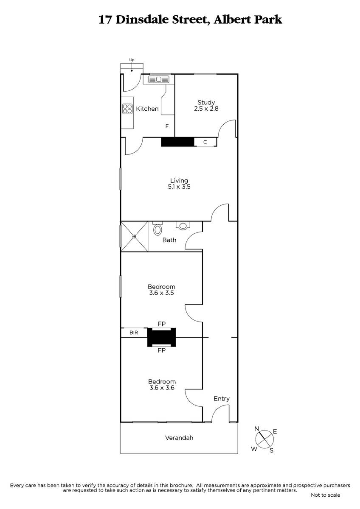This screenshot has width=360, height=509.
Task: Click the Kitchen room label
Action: click(x=147, y=109)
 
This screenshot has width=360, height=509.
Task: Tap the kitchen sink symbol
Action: click(x=159, y=79)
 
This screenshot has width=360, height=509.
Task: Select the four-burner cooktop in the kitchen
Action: click(x=127, y=109)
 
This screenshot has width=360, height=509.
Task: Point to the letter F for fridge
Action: click(x=167, y=126)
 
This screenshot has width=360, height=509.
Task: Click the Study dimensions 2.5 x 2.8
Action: click(x=206, y=109)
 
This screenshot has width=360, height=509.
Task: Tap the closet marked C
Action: click(x=205, y=142)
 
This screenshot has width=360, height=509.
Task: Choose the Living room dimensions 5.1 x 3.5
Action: click(x=179, y=187)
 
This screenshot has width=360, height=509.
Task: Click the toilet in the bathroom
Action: click(x=157, y=229)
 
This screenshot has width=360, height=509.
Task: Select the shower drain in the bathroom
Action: click(x=135, y=237)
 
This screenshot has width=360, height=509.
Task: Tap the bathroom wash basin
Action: click(x=183, y=225)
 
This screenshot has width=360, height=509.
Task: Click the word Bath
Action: click(x=169, y=240)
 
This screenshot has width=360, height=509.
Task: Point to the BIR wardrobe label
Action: click(x=134, y=333)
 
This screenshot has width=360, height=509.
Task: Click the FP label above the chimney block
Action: click(x=162, y=324)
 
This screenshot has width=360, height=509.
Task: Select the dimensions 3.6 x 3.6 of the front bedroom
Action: click(x=162, y=387)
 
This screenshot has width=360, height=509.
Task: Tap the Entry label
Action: click(x=222, y=399)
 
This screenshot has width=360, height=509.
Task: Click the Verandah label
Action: click(x=179, y=438)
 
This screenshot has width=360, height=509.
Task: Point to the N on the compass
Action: click(x=257, y=429)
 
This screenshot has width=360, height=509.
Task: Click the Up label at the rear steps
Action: click(x=132, y=60)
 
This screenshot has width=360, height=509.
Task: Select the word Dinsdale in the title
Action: click(x=142, y=20)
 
